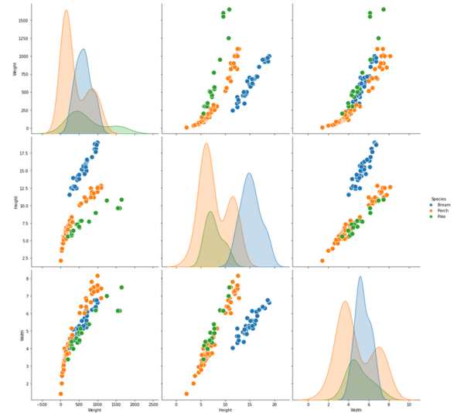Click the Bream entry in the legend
443,204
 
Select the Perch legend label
443,210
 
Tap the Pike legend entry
442,217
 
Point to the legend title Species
438,198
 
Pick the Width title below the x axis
356,408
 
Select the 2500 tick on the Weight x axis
153,402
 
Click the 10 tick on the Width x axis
408,402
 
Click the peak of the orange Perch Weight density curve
66,10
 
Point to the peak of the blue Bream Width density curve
360,277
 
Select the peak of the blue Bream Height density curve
249,172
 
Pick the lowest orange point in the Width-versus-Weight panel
61,394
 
